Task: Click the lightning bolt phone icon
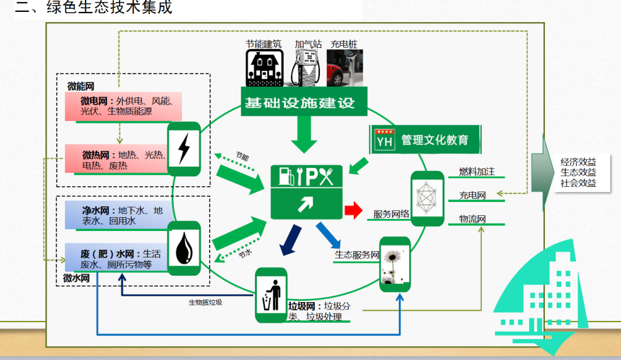184,149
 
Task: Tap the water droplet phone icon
184,248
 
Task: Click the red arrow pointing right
353,209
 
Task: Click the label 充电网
472,195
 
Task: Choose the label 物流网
472,219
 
